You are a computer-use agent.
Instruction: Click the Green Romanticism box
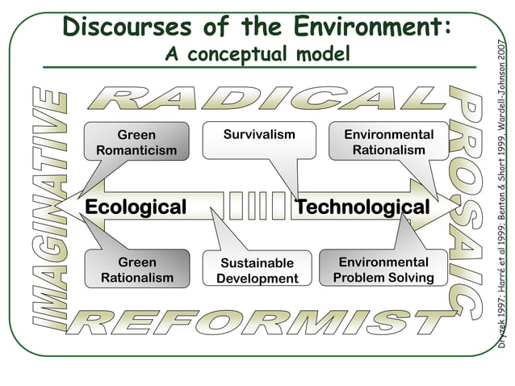click(136, 141)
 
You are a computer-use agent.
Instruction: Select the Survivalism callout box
click(248, 136)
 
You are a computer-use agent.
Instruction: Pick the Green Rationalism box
click(136, 270)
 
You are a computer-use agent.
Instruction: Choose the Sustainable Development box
click(257, 271)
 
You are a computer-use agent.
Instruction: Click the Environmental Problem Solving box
click(383, 270)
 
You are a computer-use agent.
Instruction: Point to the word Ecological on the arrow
click(135, 207)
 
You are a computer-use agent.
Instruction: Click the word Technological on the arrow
click(362, 207)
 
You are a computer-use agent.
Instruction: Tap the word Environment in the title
click(359, 26)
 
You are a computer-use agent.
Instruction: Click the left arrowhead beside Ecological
click(70, 207)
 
